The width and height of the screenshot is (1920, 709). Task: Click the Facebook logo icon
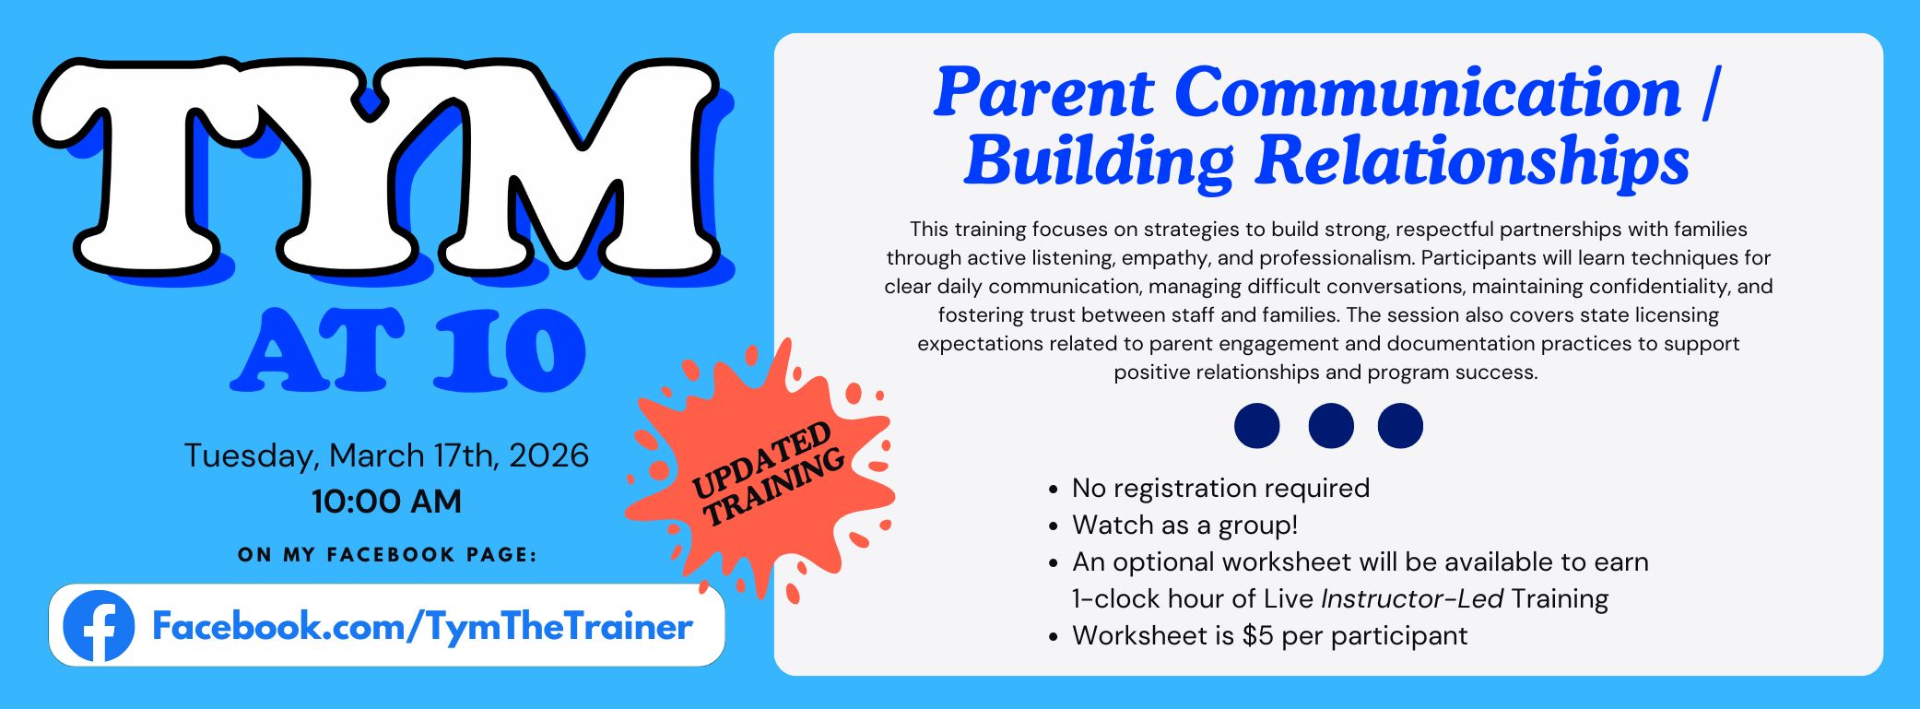[99, 626]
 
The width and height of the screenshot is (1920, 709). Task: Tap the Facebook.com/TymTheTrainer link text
[422, 627]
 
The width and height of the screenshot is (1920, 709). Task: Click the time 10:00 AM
[386, 502]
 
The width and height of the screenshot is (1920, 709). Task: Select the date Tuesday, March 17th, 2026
[386, 455]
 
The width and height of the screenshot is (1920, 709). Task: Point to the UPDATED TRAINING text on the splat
[767, 474]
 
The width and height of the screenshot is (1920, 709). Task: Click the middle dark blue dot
[1331, 426]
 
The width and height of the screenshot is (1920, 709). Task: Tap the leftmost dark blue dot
[1257, 426]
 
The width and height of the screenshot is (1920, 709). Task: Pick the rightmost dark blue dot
[1400, 426]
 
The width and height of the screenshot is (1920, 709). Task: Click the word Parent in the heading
[1043, 92]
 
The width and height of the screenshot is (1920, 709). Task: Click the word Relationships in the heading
[1473, 161]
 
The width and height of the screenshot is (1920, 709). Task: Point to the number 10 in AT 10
[510, 350]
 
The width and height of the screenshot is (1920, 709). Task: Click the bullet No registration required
[1220, 488]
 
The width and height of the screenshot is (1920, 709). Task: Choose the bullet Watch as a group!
[1184, 525]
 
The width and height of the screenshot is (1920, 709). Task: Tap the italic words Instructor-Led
[1412, 598]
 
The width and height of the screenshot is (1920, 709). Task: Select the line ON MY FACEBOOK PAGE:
[387, 555]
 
